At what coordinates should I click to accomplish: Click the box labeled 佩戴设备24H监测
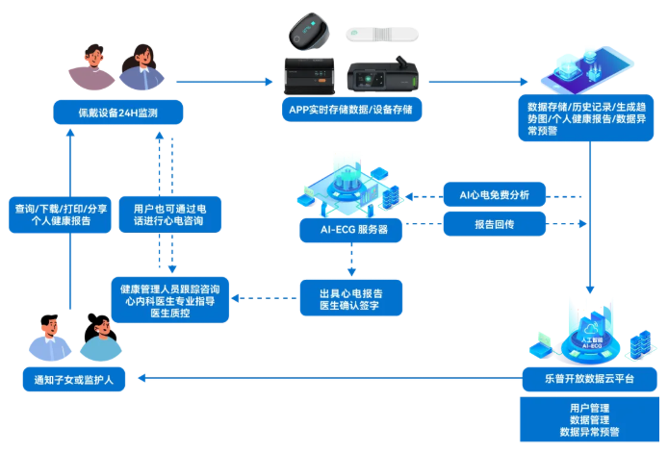coord(119,113)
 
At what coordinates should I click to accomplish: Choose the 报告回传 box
coord(494,224)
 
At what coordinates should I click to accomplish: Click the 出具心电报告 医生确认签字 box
coord(348,297)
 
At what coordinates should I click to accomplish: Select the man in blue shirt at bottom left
coord(49,336)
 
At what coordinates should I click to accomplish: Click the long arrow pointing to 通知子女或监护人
coord(327,379)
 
